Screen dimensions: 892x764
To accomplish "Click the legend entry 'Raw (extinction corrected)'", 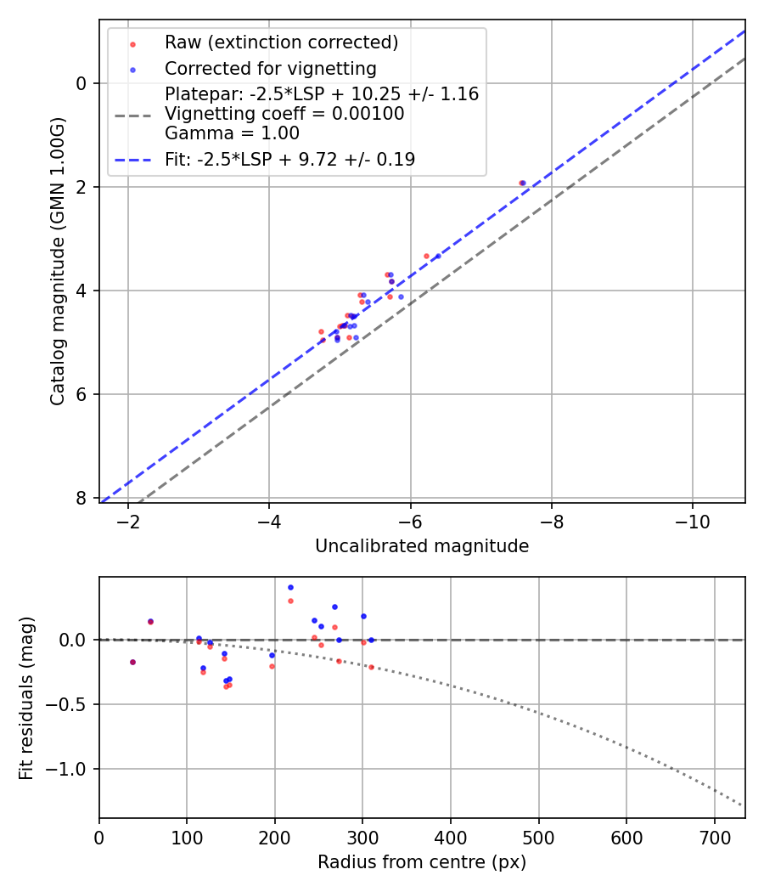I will (x=281, y=42).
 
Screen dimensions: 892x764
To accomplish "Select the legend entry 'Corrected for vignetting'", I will (x=270, y=68).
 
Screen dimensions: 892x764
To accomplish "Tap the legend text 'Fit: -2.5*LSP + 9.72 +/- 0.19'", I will (x=289, y=159).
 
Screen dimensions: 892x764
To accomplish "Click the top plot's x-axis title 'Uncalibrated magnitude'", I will (x=422, y=546).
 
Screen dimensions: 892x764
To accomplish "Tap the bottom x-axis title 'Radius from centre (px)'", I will (x=422, y=862).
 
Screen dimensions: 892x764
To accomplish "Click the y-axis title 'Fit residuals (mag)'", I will (x=26, y=697).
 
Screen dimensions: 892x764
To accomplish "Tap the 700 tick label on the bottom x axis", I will (x=714, y=838).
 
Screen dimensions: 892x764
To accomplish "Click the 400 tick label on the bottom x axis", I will (x=451, y=838).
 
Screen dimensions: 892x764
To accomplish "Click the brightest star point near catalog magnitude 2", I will (x=523, y=183).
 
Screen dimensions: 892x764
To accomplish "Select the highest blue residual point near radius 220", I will (x=290, y=587).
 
